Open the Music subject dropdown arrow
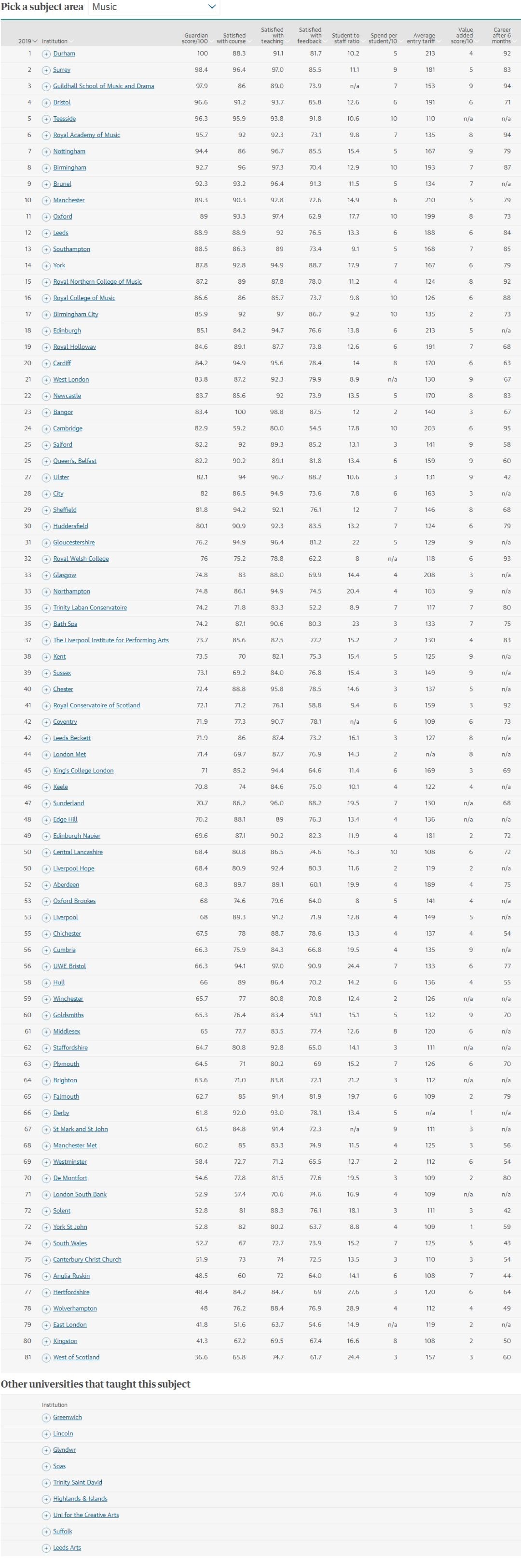tap(212, 7)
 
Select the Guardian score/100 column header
tap(194, 39)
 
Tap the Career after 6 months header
tap(501, 36)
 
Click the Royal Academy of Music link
tap(86, 136)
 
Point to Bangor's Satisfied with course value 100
tap(240, 412)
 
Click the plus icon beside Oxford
tap(46, 217)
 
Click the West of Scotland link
tap(76, 1357)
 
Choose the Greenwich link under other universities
tap(67, 1417)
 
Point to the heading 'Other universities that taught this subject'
tap(96, 1384)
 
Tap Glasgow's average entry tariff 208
tap(429, 575)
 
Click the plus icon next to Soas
tap(46, 1466)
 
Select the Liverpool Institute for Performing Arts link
tap(110, 640)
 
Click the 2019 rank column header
tap(27, 41)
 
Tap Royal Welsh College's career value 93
tap(507, 559)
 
